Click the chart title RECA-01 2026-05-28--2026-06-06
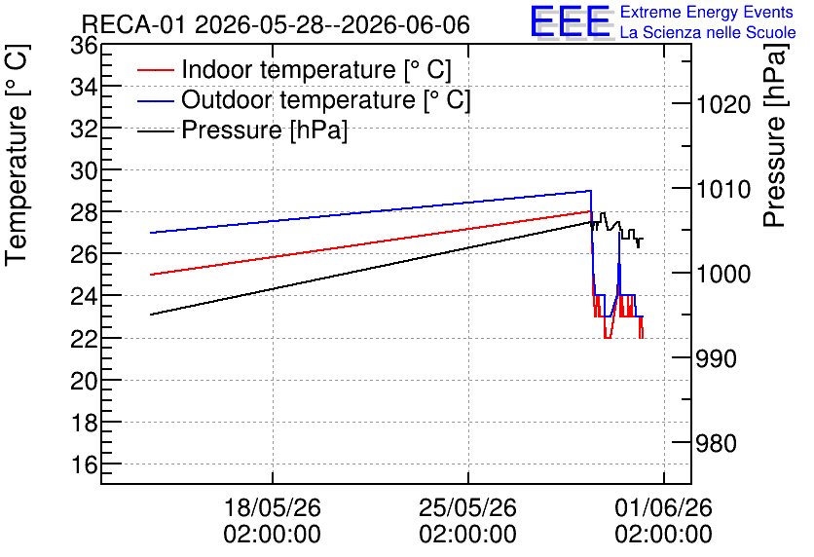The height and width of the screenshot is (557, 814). tap(276, 24)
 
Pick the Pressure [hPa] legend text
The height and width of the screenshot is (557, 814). tap(264, 130)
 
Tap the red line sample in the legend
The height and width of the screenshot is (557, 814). tap(155, 70)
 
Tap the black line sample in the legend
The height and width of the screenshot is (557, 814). tap(155, 130)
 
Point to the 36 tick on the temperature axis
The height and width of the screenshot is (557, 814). tap(84, 46)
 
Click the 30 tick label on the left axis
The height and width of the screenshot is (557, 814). tap(84, 170)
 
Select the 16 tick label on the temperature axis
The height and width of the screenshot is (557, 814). tap(84, 464)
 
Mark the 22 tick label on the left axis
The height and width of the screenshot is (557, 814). tap(84, 339)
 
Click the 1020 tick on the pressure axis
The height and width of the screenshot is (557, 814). tap(723, 104)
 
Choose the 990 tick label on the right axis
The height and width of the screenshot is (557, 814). tap(717, 358)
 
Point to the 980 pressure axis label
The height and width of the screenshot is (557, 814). tap(717, 443)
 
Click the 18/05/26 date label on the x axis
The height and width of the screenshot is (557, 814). tap(273, 507)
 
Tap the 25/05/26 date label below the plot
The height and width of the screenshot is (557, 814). tap(468, 507)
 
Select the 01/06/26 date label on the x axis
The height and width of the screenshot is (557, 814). tap(664, 507)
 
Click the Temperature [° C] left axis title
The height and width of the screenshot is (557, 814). tap(17, 155)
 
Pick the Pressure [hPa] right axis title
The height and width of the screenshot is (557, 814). tap(774, 135)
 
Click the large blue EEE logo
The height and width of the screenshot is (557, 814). tap(571, 20)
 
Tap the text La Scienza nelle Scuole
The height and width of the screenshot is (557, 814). tap(708, 32)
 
